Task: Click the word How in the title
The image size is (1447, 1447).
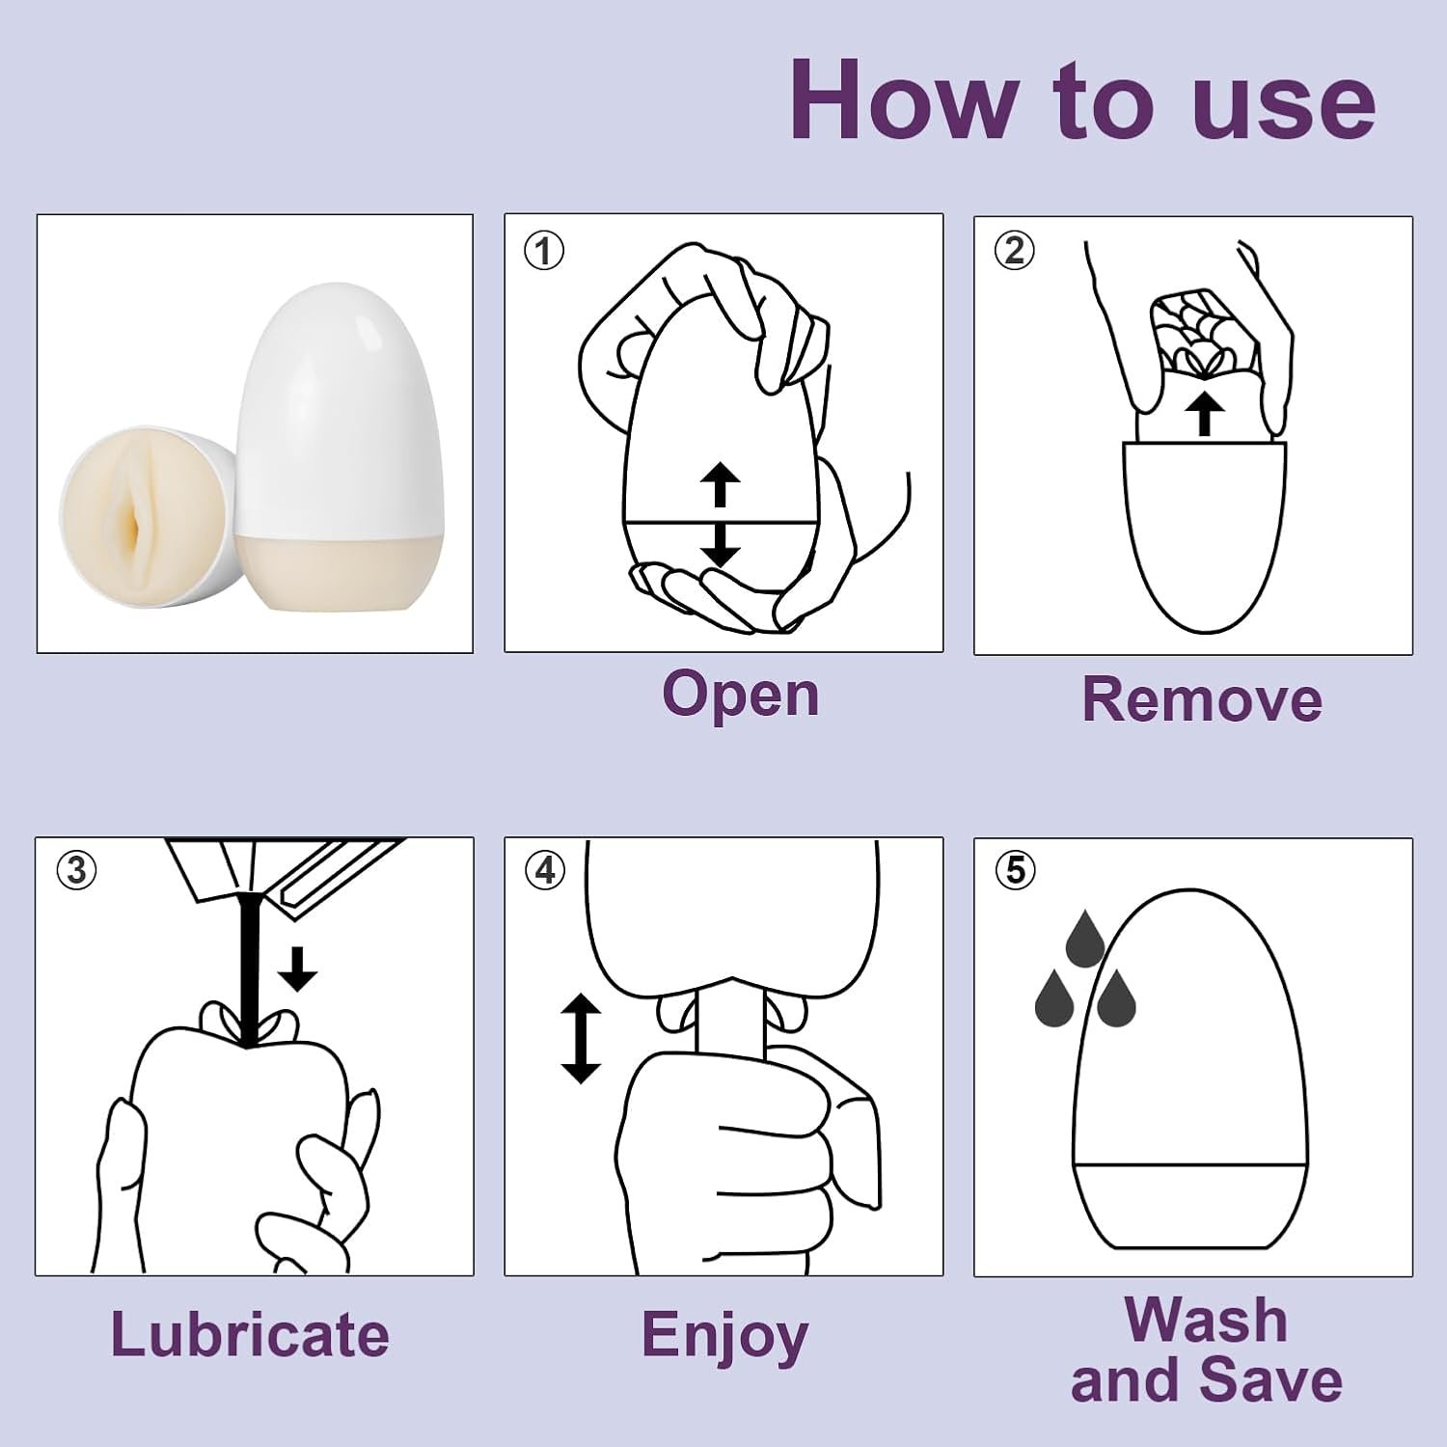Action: tap(904, 101)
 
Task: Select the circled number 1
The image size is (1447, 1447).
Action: tap(543, 251)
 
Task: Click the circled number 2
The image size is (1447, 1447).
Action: tap(1014, 251)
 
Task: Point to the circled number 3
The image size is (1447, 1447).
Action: tap(76, 870)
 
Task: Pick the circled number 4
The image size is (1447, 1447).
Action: tap(545, 870)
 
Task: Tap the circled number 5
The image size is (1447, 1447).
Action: tap(1015, 870)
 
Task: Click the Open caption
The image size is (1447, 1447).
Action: tap(740, 695)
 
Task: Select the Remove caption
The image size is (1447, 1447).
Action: tap(1201, 699)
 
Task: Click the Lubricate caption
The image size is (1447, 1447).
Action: tap(250, 1335)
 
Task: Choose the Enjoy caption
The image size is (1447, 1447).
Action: tap(724, 1337)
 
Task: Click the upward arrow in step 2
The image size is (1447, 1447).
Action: tap(1203, 415)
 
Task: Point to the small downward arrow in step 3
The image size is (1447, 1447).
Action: tap(297, 969)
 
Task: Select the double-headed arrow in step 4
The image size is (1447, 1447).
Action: tap(581, 1039)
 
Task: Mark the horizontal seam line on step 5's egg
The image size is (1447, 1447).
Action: tap(1190, 1165)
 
